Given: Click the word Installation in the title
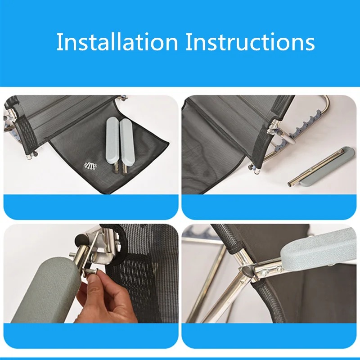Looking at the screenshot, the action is click(x=117, y=41).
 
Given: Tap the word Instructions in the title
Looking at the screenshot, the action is click(x=250, y=41).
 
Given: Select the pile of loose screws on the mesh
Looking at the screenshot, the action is click(x=90, y=165).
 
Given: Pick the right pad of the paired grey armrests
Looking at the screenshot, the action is click(x=127, y=142).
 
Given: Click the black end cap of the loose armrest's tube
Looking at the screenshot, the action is click(x=290, y=184).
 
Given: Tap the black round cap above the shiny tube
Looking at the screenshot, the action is click(x=81, y=240).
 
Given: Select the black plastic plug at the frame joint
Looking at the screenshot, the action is click(x=248, y=273).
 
